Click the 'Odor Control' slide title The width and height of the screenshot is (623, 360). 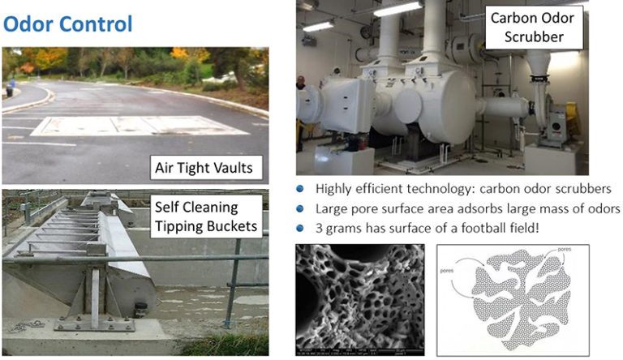tap(67, 23)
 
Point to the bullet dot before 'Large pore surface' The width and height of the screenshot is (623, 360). tap(300, 208)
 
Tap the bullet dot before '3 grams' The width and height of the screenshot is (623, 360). tap(300, 227)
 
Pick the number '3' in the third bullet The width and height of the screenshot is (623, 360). tap(319, 227)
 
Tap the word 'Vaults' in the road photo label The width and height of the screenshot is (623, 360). tap(234, 169)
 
